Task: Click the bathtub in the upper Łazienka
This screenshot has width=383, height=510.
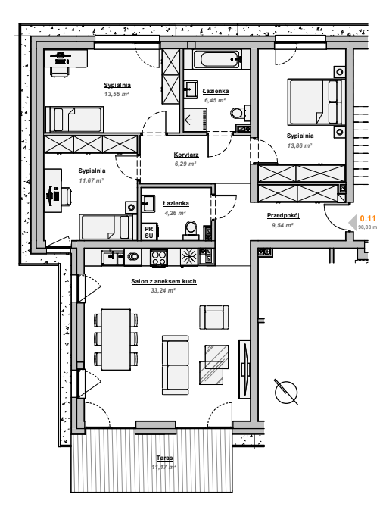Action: (220, 60)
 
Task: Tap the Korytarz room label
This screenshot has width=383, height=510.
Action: (186, 155)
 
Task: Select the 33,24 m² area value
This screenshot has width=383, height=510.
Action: (163, 290)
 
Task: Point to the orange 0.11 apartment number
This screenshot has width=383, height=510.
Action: (368, 218)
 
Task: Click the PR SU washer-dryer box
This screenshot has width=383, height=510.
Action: (149, 232)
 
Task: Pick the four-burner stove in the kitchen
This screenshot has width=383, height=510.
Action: (159, 258)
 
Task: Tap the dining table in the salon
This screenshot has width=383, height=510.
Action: (116, 339)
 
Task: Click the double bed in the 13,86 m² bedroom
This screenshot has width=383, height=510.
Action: (316, 102)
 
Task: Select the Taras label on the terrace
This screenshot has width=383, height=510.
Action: (164, 458)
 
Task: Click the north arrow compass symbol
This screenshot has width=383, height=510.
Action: (286, 392)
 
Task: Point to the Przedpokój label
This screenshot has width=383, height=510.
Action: (283, 215)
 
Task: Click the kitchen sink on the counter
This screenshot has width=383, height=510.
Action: (113, 257)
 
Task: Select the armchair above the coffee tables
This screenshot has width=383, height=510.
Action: (213, 318)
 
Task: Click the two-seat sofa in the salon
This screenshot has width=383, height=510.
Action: (176, 365)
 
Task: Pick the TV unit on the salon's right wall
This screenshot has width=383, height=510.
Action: (244, 368)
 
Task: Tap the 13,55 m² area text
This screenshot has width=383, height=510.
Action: (117, 94)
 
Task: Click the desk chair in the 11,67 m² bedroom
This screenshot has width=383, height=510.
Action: (66, 196)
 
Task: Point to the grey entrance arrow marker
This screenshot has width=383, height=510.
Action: (353, 222)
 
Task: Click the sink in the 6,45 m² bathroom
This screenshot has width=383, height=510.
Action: (190, 89)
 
